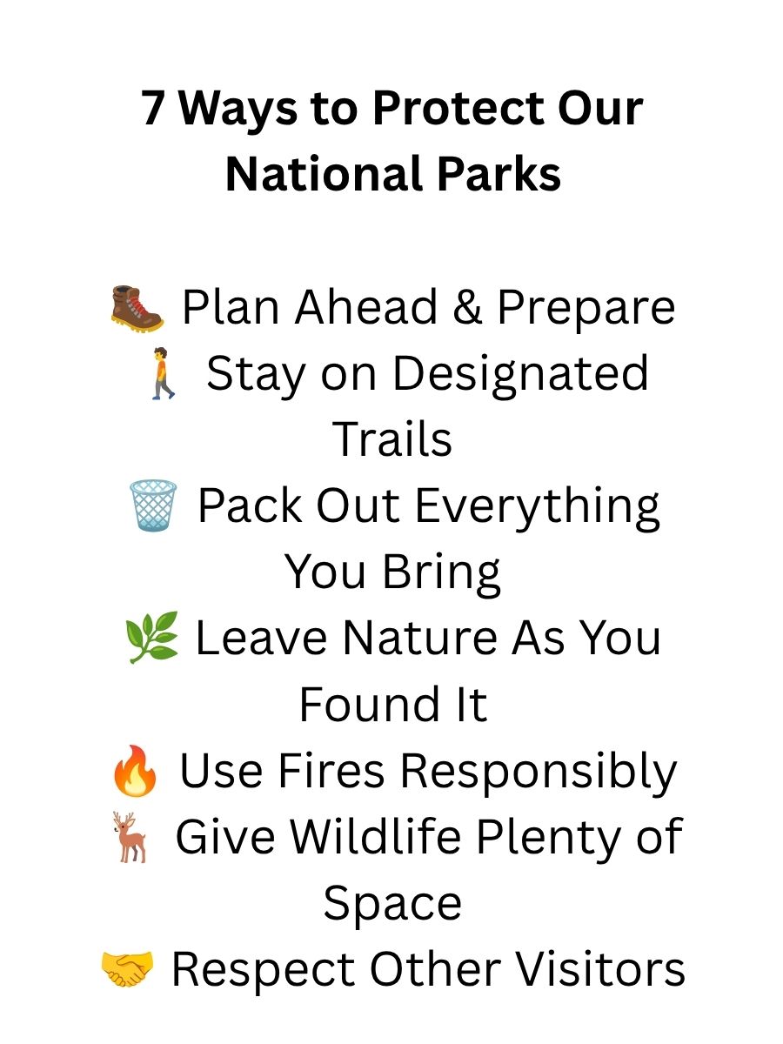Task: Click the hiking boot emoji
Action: click(137, 309)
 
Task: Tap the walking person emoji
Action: click(163, 373)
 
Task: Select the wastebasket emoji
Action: click(153, 505)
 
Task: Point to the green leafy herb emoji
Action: click(151, 637)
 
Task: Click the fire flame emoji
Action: click(135, 770)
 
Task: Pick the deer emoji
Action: click(130, 837)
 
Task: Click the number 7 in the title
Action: click(153, 109)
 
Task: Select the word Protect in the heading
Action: click(458, 108)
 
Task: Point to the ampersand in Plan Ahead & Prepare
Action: click(467, 307)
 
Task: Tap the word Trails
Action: click(392, 439)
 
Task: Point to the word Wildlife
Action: click(376, 837)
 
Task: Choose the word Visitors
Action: click(601, 969)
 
